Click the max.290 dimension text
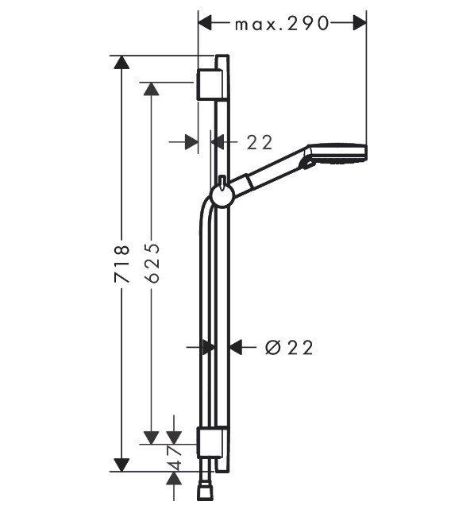tap(282, 24)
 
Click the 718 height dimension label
tap(121, 264)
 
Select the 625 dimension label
tap(152, 263)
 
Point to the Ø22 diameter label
tap(289, 348)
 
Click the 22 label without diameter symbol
tap(260, 142)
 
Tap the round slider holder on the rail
tap(222, 196)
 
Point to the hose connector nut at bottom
tap(205, 493)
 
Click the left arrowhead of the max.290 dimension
tap(205, 23)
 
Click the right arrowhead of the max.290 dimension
tap(360, 23)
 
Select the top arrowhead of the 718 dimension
tap(121, 62)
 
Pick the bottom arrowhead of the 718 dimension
tap(121, 465)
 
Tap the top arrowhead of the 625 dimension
tap(152, 89)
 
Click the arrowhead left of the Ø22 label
tap(235, 347)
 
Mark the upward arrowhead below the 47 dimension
tap(174, 478)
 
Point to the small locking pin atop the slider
tap(222, 182)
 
